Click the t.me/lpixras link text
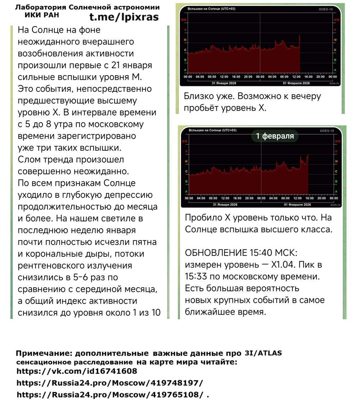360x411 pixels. pos(123,17)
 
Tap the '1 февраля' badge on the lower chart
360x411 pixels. pos(275,136)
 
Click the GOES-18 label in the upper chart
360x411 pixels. pos(326,9)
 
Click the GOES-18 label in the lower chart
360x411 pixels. pos(327,131)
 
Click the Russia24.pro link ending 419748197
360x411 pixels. pos(110,383)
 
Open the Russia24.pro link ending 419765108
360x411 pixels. pos(110,394)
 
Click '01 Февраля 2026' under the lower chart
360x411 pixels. pos(297,205)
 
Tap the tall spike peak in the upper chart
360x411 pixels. pos(300,35)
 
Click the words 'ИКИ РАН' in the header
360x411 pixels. pos(42,15)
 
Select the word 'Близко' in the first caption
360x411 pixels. pos(197,96)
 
